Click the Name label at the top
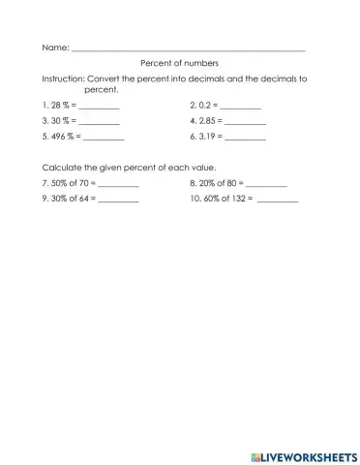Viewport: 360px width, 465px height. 54,46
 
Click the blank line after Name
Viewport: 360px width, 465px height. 189,48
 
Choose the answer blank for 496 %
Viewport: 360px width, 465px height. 105,139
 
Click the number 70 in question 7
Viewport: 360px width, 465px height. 83,182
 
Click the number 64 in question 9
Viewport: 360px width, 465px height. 83,199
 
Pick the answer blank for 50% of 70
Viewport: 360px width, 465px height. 118,184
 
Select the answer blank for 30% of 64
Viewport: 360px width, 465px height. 118,201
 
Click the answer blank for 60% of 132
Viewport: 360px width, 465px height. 279,201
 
